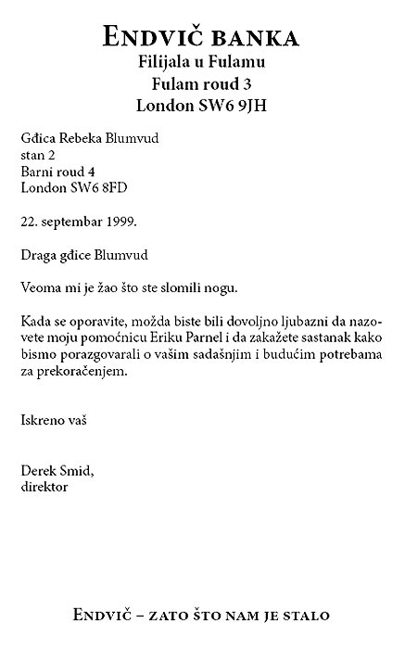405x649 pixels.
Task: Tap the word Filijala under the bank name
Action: pyautogui.click(x=165, y=62)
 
